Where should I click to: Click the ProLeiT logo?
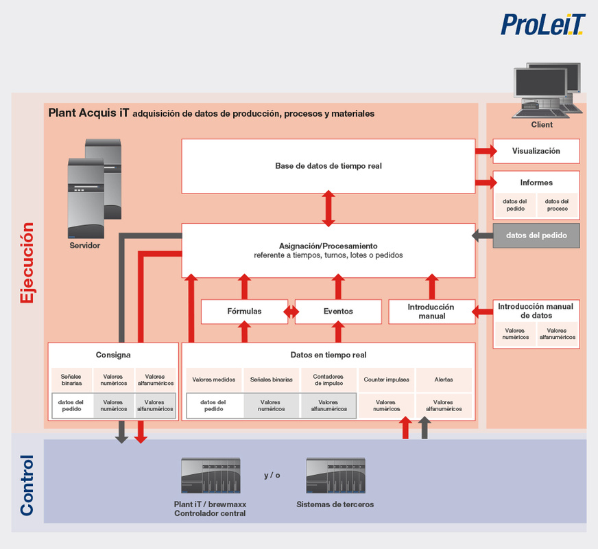click(542, 25)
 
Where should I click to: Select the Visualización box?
click(536, 151)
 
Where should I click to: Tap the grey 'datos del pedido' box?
click(536, 235)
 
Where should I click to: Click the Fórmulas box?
click(244, 312)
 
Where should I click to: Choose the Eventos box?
click(338, 312)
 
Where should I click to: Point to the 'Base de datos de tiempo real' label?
click(328, 166)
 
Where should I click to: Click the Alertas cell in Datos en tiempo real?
click(444, 379)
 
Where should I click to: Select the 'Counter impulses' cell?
click(386, 379)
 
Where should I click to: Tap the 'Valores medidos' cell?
click(213, 379)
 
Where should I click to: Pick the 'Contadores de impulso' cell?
click(328, 379)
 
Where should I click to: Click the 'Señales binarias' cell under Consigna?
click(71, 379)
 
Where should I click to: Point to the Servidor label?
click(84, 246)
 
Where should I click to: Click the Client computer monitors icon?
click(548, 91)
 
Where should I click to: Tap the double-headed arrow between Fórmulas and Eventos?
click(291, 312)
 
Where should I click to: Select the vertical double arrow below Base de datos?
click(328, 209)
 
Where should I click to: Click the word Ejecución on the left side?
click(27, 263)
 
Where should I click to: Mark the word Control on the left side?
click(27, 485)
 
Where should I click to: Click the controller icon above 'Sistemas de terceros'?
click(335, 476)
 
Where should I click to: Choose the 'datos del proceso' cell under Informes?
click(557, 205)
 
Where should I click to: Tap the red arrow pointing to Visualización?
click(486, 151)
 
